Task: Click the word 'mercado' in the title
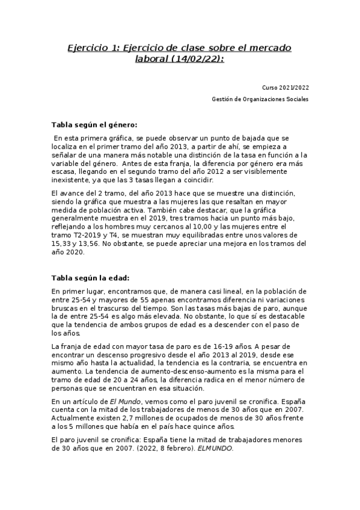pyautogui.click(x=266, y=48)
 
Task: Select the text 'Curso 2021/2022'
pyautogui.click(x=286, y=88)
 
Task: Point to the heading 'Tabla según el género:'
pyautogui.click(x=94, y=125)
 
